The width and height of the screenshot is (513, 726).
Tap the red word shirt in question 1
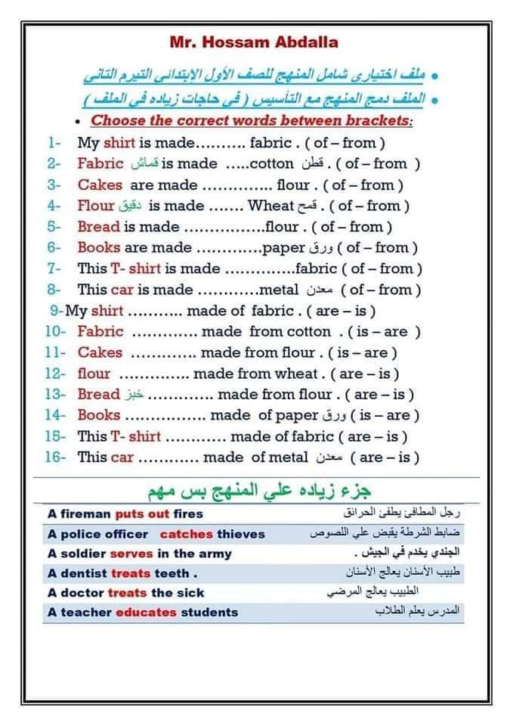tap(119, 142)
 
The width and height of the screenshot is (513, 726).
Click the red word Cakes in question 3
tap(100, 185)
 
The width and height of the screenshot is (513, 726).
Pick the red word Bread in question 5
tap(98, 226)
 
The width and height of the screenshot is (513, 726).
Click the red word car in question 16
tap(122, 457)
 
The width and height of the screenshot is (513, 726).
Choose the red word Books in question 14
tap(98, 414)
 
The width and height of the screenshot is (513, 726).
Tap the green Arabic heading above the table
tap(257, 489)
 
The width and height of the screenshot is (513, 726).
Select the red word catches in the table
tap(186, 534)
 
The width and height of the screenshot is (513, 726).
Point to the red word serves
tap(131, 554)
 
